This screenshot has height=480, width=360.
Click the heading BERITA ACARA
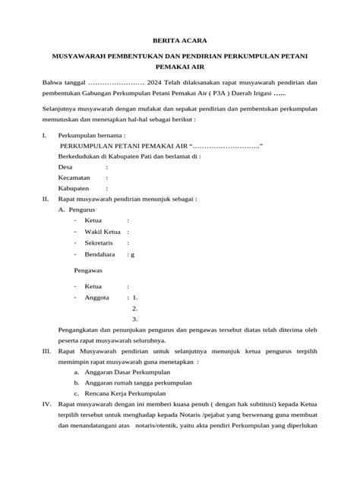click(180, 39)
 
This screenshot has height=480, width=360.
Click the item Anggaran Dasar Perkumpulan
click(128, 373)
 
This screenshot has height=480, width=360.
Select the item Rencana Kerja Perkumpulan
click(125, 395)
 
